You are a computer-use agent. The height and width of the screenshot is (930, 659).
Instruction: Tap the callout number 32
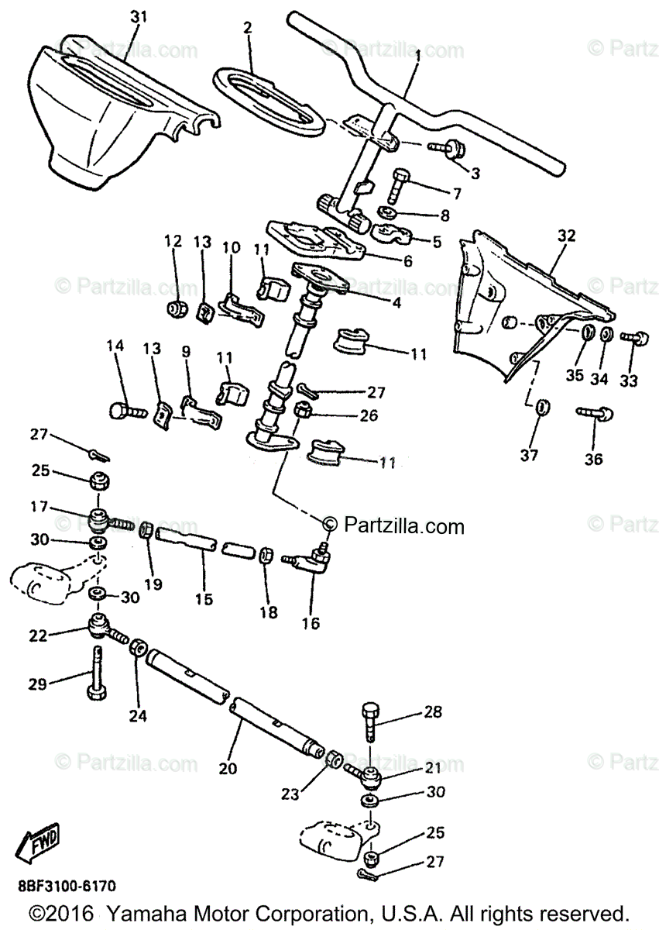point(567,236)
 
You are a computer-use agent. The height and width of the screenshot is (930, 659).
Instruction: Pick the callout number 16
point(311,622)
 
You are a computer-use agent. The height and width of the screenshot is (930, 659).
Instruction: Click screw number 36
point(595,413)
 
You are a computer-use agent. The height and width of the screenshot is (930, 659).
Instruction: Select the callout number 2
point(247,28)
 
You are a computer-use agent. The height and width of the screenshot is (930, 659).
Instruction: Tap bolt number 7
point(398,184)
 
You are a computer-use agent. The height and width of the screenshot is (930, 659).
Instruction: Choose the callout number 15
point(203,599)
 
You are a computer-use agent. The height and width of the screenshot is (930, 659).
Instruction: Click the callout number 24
point(137,716)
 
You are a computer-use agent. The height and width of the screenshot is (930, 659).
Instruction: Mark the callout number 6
point(407,261)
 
